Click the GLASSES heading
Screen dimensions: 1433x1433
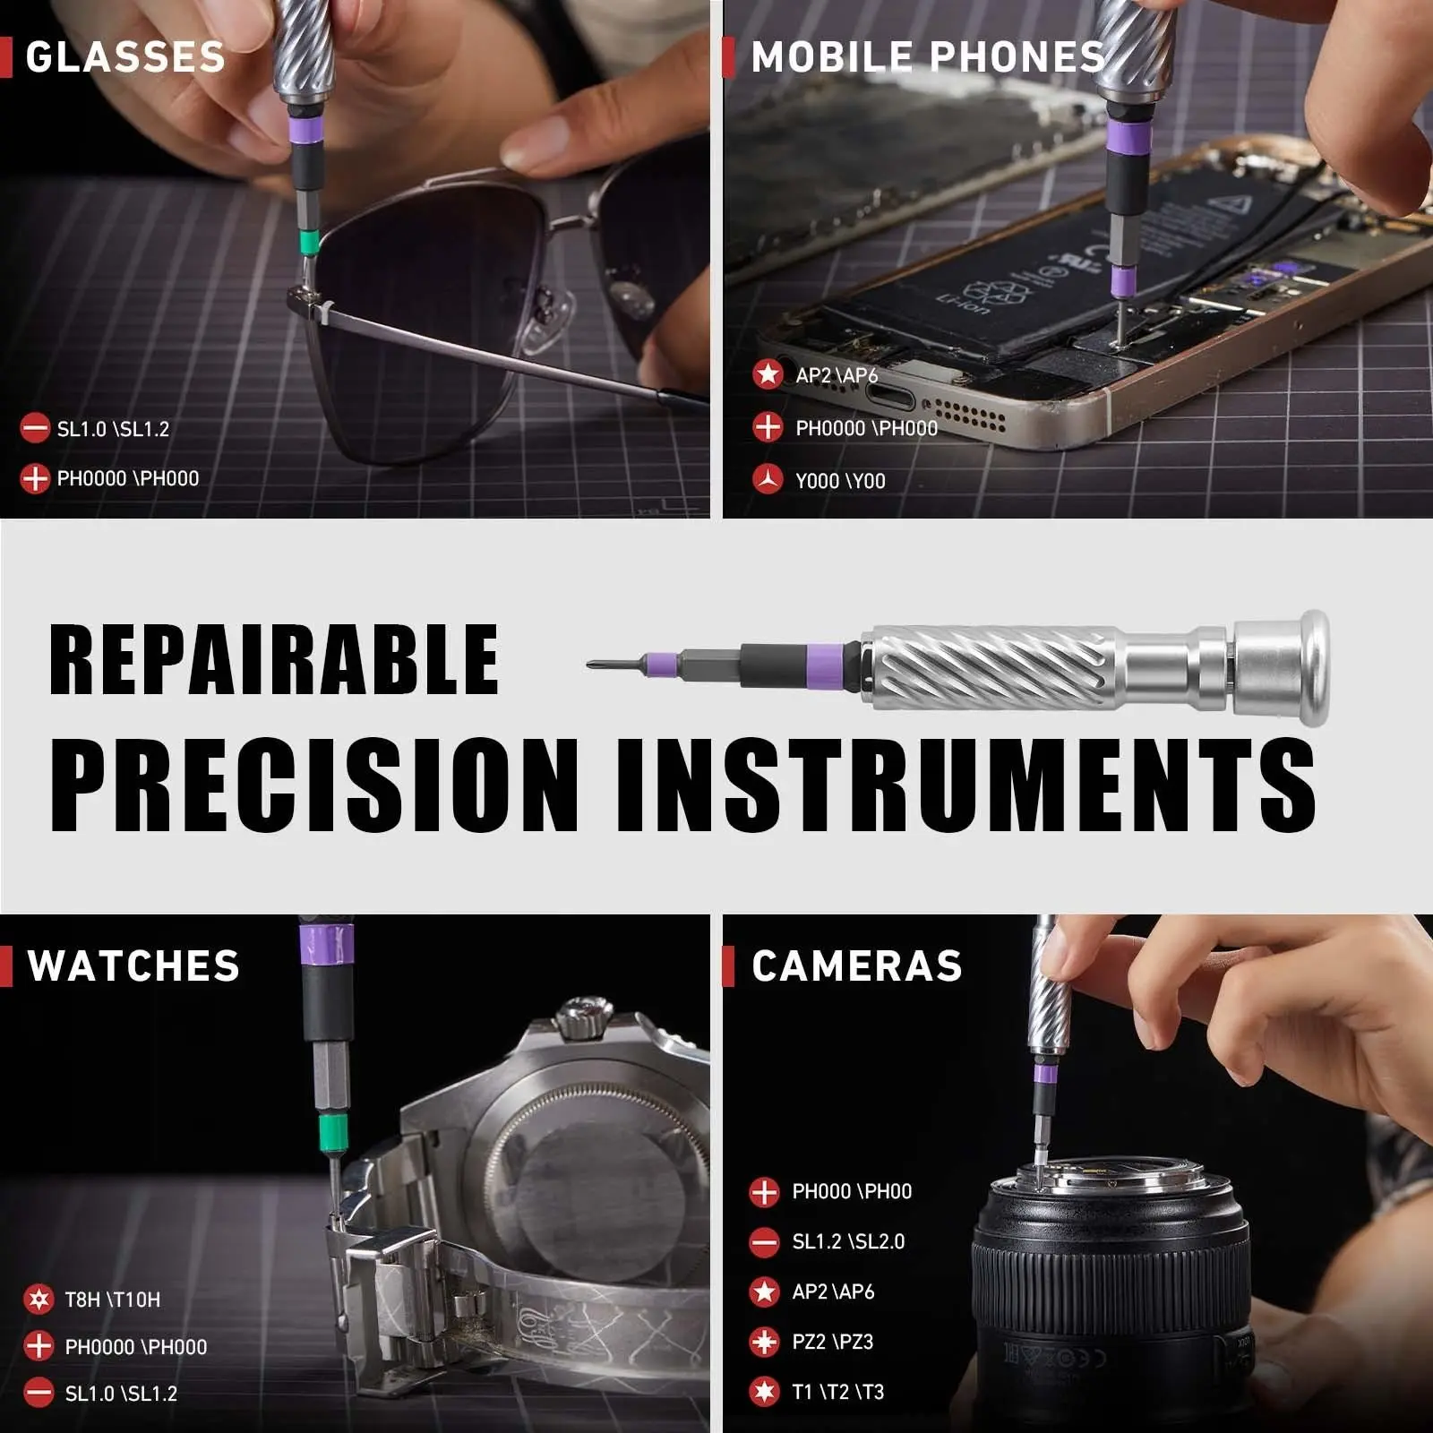coord(125,57)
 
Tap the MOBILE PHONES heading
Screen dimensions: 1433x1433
coord(928,57)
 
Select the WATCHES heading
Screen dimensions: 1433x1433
coord(133,965)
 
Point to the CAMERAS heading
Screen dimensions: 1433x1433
coord(857,965)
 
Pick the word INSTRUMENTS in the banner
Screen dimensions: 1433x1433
coord(965,785)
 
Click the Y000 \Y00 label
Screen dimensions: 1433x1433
coord(840,481)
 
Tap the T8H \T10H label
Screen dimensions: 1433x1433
coord(113,1300)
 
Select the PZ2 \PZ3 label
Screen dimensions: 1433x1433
coord(833,1342)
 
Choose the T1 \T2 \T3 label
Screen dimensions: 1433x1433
coord(838,1392)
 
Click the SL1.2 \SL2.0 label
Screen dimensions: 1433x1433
coord(848,1241)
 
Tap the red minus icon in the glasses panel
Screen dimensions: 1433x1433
coord(35,428)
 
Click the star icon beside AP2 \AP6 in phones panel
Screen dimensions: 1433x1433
coord(768,373)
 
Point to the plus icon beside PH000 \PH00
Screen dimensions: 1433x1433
coord(764,1192)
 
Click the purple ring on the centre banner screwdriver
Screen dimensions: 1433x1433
coord(839,665)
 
